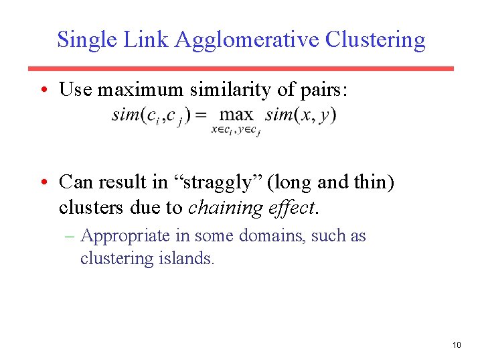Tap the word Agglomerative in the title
pos(247,40)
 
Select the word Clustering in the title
pos(375,40)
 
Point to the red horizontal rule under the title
pos(240,68)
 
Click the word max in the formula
pos(236,115)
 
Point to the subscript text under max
pos(236,130)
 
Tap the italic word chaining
pos(225,208)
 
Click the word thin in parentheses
pos(366,182)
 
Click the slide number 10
pos(457,345)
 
